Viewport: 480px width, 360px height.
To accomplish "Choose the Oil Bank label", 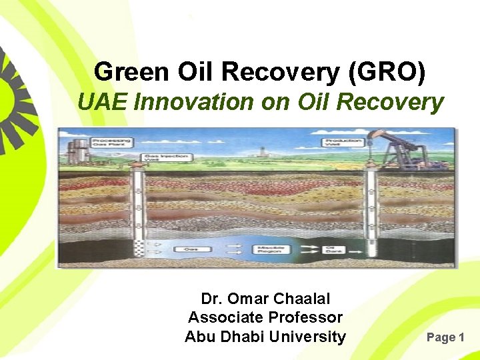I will pyautogui.click(x=332, y=249).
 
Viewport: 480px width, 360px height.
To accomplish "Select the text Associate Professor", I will pyautogui.click(x=265, y=317).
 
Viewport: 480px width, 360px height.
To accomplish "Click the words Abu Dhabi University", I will pyautogui.click(x=265, y=337).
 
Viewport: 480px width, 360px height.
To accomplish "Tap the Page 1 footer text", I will pyautogui.click(x=445, y=337).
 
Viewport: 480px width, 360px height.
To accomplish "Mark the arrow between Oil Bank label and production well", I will pyautogui.click(x=353, y=249).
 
